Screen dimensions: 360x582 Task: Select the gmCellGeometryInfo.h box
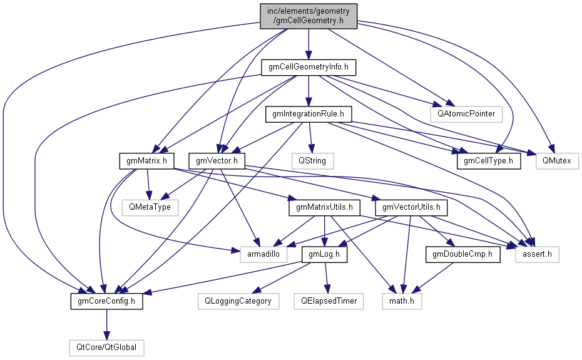pos(309,66)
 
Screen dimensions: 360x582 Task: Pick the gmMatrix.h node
pos(147,161)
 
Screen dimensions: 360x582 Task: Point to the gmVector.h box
pos(217,161)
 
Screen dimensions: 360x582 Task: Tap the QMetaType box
pos(150,207)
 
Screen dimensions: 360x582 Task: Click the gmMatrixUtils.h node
pos(324,207)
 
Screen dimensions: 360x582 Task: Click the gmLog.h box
pos(325,254)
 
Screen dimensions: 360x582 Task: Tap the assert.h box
pos(537,254)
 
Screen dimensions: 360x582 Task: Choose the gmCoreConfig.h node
pos(107,301)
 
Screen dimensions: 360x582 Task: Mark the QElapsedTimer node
pos(328,301)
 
